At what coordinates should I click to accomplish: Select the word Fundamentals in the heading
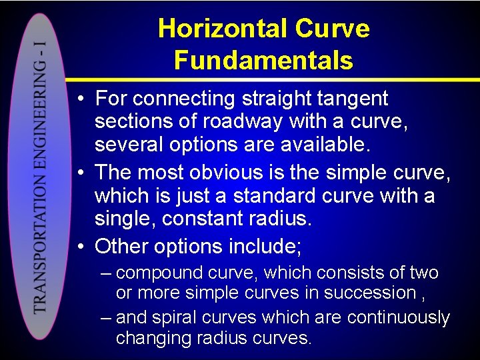point(263,60)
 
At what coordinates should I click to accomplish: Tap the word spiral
point(175,317)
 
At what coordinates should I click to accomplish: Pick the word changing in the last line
point(153,338)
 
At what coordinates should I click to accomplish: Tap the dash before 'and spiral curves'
point(105,317)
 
